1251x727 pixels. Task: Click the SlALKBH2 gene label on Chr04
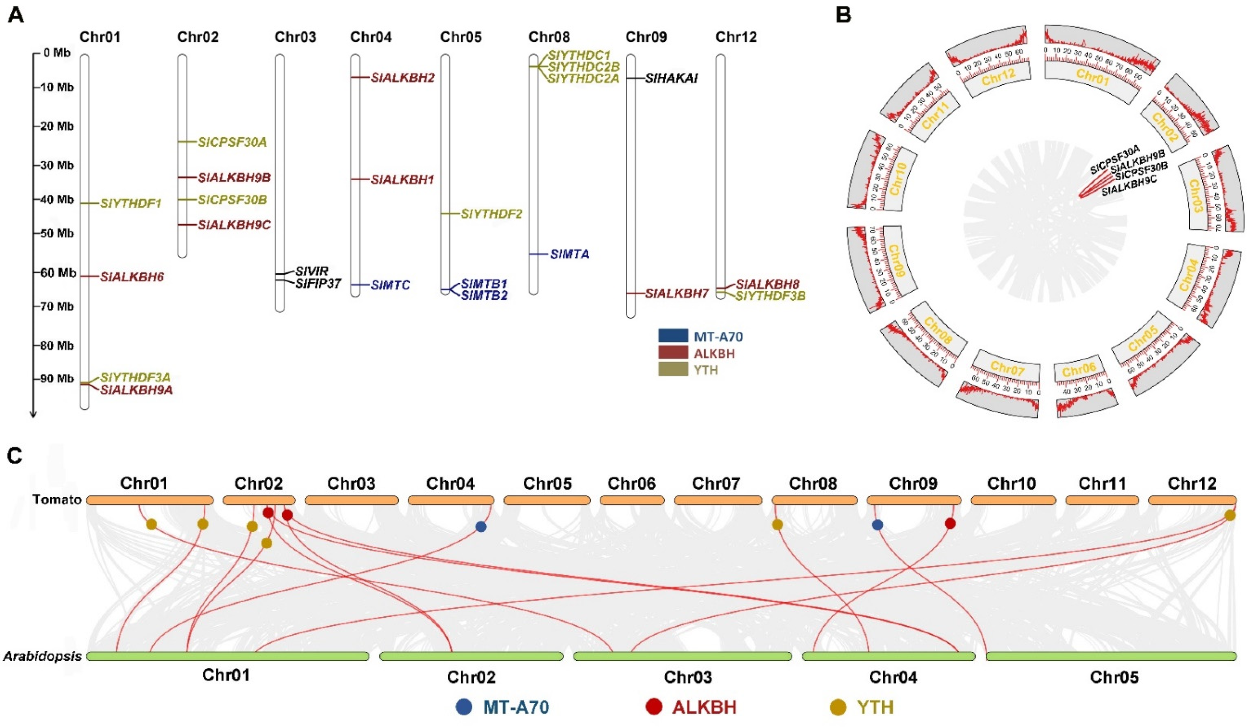403,78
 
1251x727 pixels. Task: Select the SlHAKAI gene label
671,78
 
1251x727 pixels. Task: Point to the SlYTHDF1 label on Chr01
131,203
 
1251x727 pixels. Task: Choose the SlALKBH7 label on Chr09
676,293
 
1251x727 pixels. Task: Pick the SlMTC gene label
390,285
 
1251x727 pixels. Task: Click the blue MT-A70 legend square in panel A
673,336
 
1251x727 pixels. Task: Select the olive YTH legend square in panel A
673,369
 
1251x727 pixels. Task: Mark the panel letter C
15,455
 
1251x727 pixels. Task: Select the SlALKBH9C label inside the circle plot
1129,186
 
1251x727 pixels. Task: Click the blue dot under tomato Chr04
481,527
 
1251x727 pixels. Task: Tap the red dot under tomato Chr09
950,523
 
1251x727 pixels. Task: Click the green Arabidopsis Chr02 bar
471,656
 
